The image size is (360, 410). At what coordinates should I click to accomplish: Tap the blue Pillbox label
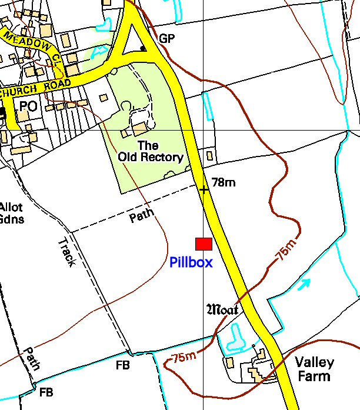pyautogui.click(x=191, y=262)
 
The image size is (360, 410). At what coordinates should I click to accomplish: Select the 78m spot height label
pyautogui.click(x=223, y=182)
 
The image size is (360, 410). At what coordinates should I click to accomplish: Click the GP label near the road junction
pyautogui.click(x=166, y=39)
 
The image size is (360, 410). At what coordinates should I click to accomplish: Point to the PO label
pyautogui.click(x=28, y=106)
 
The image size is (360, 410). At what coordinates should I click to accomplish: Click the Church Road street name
pyautogui.click(x=35, y=88)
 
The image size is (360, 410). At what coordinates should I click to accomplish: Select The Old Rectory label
pyautogui.click(x=150, y=151)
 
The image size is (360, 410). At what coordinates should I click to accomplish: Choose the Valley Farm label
pyautogui.click(x=314, y=369)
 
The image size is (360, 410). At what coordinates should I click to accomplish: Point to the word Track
pyautogui.click(x=66, y=252)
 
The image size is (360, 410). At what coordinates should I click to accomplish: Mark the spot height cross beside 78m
pyautogui.click(x=204, y=189)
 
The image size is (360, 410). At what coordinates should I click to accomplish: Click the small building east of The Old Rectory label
pyautogui.click(x=209, y=156)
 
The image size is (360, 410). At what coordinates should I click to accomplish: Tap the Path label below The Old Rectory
pyautogui.click(x=142, y=215)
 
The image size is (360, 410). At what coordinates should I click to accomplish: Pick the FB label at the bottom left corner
pyautogui.click(x=46, y=392)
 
